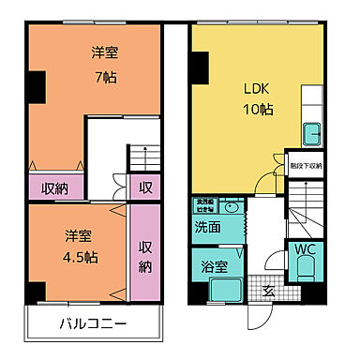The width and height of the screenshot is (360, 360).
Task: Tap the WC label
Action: [x=304, y=250]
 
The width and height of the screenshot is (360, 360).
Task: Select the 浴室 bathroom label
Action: [x=213, y=266]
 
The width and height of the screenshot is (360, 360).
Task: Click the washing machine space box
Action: [x=206, y=204]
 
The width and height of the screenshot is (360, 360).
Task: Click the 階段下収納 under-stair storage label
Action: [x=305, y=165]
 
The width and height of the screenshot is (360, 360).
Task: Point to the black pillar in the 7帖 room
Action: [x=35, y=87]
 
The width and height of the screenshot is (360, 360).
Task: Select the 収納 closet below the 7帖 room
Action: [x=53, y=187]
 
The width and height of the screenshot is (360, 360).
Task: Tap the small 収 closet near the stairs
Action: [x=145, y=187]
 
